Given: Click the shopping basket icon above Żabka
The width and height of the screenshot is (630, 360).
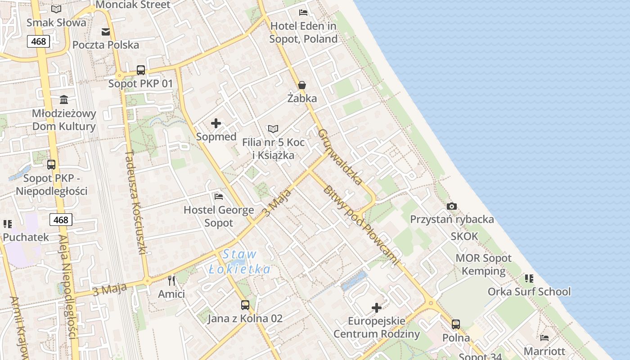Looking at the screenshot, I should click(302, 85).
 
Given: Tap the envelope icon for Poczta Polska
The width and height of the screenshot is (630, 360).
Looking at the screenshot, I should click(106, 31).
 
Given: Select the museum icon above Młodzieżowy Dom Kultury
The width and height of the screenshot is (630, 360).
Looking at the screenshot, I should click(64, 99).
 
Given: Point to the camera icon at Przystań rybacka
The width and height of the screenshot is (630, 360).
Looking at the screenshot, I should click(452, 206).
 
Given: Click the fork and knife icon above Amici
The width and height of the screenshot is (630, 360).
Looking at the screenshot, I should click(171, 281).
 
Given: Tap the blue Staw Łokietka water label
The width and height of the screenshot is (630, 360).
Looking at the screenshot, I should click(240, 262).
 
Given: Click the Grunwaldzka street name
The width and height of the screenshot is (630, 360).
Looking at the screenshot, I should click(340, 157).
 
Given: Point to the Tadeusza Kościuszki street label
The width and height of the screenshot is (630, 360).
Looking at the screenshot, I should click(136, 202).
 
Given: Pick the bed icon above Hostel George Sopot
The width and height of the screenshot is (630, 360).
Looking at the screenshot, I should click(219, 196).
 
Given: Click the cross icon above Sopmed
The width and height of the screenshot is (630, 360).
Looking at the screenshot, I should click(216, 123).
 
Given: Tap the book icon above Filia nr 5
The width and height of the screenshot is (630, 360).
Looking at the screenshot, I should click(273, 129).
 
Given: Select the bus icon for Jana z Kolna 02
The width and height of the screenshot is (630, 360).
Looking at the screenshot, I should click(245, 305).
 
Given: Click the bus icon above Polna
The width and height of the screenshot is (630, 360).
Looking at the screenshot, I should click(456, 324).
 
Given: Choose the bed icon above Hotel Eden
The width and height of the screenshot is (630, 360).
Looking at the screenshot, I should click(303, 12).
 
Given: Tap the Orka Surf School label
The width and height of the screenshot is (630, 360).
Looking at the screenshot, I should click(529, 292).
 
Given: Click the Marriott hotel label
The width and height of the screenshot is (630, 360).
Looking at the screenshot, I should click(544, 351).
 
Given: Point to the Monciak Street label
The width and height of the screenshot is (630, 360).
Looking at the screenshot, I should click(133, 5).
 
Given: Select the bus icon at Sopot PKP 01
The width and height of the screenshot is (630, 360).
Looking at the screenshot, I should click(141, 70).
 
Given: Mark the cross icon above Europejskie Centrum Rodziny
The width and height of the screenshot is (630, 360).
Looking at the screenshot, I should click(377, 308).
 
